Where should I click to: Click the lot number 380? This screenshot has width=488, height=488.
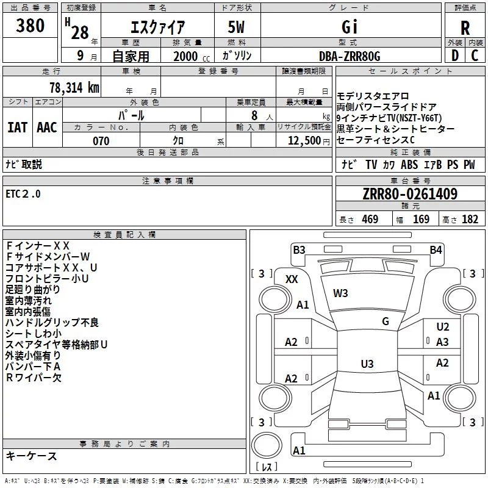click(x=30, y=26)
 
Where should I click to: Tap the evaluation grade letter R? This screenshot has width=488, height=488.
click(x=465, y=27)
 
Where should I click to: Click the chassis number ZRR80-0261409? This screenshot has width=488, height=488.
click(x=409, y=194)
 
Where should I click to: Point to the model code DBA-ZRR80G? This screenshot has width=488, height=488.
click(x=350, y=56)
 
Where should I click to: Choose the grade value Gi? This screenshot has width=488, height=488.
click(x=350, y=27)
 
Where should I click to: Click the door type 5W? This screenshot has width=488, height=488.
click(x=238, y=27)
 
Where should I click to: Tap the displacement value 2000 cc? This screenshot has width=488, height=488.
click(x=187, y=56)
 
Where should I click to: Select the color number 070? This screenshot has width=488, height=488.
click(x=101, y=141)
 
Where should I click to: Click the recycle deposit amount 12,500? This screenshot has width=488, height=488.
click(x=303, y=141)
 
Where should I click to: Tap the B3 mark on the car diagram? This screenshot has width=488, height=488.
click(x=299, y=249)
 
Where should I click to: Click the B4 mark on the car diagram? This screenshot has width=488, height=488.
click(x=435, y=249)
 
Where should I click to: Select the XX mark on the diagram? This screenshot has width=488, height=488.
click(x=292, y=279)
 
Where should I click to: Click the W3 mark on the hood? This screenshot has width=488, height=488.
click(x=340, y=293)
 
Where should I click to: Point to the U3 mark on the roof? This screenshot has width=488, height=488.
click(x=367, y=364)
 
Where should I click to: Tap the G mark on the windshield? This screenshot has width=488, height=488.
click(x=386, y=321)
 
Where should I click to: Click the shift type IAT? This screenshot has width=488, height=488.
click(x=17, y=127)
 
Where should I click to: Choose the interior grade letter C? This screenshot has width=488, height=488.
click(x=475, y=56)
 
